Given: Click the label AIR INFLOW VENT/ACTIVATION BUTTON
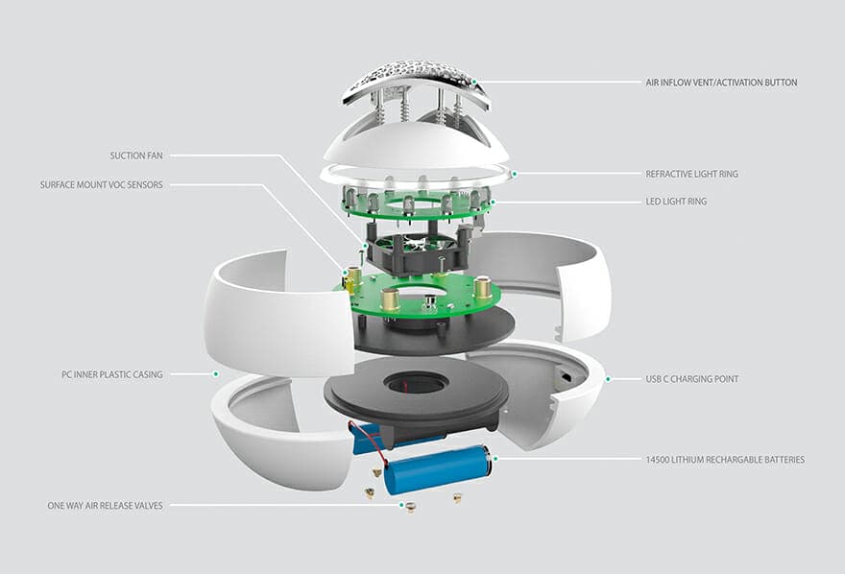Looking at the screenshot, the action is (x=721, y=83).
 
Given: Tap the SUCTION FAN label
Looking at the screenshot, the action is (x=136, y=155).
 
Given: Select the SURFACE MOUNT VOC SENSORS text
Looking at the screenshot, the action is (x=102, y=184).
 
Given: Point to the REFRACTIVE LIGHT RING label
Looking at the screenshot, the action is (x=692, y=174).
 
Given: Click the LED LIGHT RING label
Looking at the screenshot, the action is (x=676, y=202).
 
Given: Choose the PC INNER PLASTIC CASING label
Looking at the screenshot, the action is (x=112, y=374).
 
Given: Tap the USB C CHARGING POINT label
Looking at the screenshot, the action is (x=692, y=379).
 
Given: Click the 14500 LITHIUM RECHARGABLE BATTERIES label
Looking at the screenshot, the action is (x=725, y=460).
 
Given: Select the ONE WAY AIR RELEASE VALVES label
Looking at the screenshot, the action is (x=105, y=506).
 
